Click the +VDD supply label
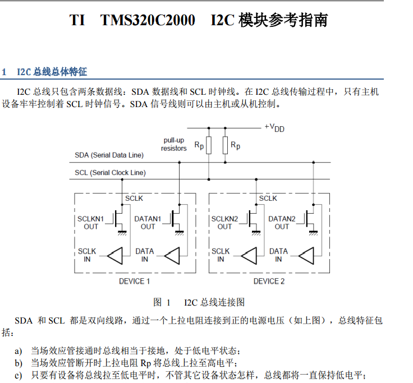click(274, 128)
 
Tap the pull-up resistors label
click(174, 144)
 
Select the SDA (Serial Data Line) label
click(109, 155)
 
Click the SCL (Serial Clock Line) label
click(110, 173)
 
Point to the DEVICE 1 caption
click(134, 281)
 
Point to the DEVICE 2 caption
click(269, 281)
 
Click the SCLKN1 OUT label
click(91, 223)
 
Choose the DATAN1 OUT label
click(148, 223)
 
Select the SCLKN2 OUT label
click(225, 223)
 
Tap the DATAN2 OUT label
click(282, 223)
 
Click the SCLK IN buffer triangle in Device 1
click(115, 256)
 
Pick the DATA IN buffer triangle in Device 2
click(306, 256)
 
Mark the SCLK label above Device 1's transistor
click(134, 199)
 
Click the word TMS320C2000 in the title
click(148, 21)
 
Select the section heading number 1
click(4, 72)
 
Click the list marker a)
click(19, 350)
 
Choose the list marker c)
click(19, 375)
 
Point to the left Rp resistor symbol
click(209, 145)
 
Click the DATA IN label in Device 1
click(145, 255)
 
